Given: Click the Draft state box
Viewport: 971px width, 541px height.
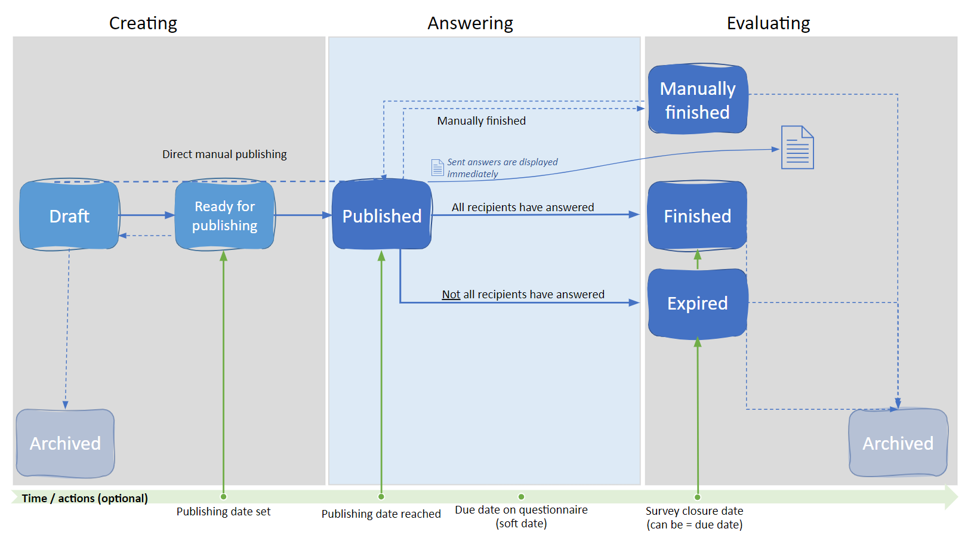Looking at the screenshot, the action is (x=69, y=215).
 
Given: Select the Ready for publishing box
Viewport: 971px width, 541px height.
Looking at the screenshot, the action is (x=224, y=215).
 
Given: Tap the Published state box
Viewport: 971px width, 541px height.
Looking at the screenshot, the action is (x=381, y=215).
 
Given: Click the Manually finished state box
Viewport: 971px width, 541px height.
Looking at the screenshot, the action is (x=698, y=99).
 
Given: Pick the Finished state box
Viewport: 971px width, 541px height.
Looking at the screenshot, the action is (x=698, y=216).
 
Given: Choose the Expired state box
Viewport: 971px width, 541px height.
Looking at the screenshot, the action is (x=698, y=303).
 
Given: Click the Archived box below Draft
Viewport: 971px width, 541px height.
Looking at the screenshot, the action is (x=66, y=443).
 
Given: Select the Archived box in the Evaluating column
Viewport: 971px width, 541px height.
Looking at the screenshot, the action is (x=898, y=443).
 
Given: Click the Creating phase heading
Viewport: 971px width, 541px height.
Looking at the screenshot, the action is (x=143, y=23).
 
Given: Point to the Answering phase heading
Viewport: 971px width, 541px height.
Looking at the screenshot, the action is (x=470, y=23).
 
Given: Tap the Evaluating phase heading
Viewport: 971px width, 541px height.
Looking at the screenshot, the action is (x=768, y=23).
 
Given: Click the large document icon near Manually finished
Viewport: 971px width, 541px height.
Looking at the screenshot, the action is (x=797, y=147).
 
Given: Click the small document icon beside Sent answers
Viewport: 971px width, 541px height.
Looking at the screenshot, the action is (x=437, y=168).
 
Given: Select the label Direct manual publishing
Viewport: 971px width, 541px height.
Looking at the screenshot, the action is (x=224, y=154).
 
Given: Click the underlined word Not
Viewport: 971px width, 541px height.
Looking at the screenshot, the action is (x=451, y=295).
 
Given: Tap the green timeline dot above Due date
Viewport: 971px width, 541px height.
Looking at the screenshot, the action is (x=522, y=497).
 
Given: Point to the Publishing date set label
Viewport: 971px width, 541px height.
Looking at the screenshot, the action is (x=223, y=512).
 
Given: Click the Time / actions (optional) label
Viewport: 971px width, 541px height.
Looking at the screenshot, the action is (x=85, y=499).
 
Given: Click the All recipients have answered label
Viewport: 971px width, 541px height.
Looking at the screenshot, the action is (x=523, y=208).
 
